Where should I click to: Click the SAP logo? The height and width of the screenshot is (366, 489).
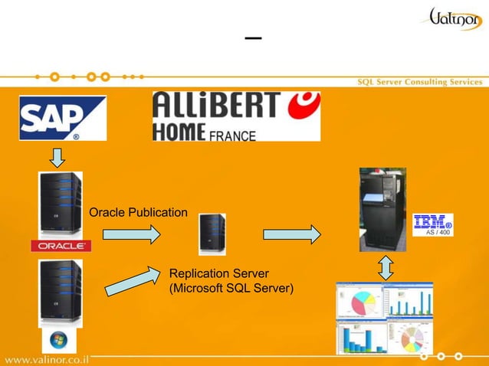click(62, 118)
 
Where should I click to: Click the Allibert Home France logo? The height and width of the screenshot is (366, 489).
click(236, 116)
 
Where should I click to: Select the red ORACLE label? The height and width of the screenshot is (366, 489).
click(61, 246)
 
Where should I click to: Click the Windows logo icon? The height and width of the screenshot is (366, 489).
click(58, 340)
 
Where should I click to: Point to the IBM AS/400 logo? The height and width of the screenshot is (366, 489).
click(433, 224)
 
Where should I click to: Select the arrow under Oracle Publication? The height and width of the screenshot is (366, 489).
click(131, 233)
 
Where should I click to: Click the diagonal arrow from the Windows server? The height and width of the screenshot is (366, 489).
click(130, 281)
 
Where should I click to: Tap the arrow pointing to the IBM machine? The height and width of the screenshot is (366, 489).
click(291, 233)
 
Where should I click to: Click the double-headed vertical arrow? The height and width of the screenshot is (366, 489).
click(386, 266)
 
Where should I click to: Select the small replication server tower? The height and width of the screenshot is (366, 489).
click(212, 233)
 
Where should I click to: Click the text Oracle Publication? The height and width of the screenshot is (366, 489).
click(138, 212)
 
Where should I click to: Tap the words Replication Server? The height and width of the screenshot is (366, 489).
click(218, 273)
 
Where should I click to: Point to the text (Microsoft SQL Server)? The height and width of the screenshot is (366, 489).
click(231, 288)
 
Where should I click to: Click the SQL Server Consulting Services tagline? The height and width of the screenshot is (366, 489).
click(421, 82)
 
